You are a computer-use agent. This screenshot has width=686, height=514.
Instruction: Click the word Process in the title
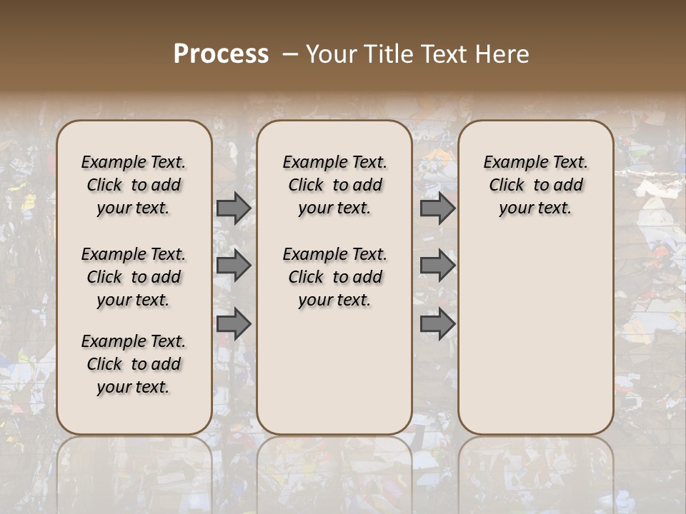pos(221,54)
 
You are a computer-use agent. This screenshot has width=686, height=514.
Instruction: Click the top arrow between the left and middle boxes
pos(234,208)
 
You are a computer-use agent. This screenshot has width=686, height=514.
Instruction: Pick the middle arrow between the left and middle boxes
pos(234,266)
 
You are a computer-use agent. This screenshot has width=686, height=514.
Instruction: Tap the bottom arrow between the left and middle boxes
pos(234,324)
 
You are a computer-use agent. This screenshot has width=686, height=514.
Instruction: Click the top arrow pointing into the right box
pos(437,208)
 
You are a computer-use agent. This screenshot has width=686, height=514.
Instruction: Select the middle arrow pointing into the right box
pos(437,266)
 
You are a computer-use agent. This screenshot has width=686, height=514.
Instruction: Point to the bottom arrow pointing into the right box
pos(437,324)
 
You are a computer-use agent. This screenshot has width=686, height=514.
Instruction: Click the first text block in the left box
pos(134,185)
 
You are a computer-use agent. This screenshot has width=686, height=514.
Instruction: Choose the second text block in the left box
pos(134,277)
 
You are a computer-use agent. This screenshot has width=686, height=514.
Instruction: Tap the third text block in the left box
pos(134,364)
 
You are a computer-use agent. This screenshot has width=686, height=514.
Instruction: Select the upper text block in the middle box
pos(334,185)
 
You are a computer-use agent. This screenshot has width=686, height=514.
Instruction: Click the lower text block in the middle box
pos(334,277)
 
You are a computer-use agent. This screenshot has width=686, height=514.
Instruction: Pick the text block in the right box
pos(535,185)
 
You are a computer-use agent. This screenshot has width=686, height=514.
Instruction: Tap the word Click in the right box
pos(507,186)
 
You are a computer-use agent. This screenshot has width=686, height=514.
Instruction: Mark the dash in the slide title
pos(290,54)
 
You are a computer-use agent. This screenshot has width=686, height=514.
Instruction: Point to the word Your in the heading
pos(331,54)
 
